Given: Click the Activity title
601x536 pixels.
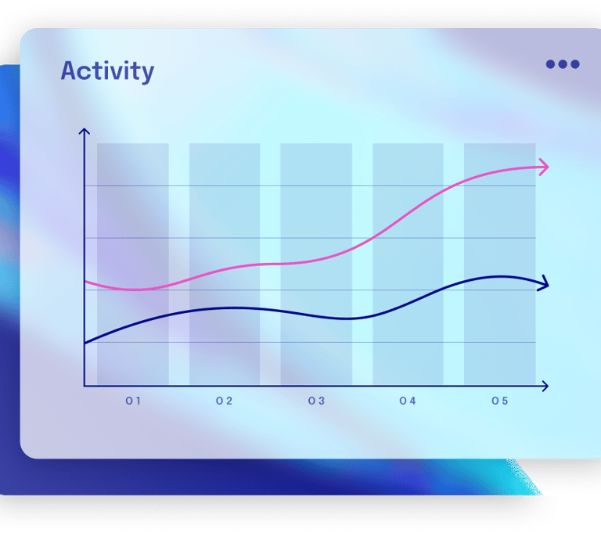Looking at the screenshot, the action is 107,72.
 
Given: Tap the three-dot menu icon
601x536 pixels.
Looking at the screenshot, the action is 563,64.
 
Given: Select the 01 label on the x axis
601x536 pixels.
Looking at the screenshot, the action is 133,401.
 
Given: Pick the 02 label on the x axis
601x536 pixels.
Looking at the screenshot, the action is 225,401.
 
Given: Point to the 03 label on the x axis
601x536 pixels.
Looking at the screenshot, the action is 317,401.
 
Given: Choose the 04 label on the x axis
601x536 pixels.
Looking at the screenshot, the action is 408,401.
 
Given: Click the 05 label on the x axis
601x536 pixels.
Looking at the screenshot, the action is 500,401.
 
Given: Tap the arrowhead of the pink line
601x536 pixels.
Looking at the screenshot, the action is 545,167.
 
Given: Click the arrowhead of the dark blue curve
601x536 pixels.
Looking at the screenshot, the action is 545,283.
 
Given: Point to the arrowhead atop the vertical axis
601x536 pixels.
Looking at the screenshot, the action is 85,131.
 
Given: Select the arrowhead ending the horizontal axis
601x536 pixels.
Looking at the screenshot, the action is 545,387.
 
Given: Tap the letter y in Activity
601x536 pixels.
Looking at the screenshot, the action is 146,74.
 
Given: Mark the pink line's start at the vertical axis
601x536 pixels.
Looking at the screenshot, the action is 85,282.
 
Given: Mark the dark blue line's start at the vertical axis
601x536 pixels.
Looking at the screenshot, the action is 85,343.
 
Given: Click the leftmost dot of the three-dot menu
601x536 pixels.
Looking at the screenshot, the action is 550,64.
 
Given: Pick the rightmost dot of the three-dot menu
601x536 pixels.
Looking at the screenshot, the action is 575,64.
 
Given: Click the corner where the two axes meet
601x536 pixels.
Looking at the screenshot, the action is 85,386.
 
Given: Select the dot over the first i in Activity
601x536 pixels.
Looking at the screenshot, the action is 113,62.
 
